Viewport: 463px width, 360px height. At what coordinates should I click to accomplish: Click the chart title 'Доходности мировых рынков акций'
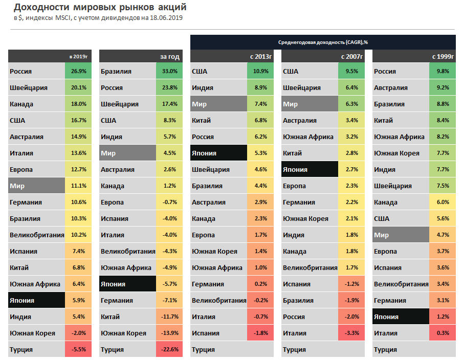pos(100,7)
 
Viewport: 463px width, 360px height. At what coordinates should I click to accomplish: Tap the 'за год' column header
pos(170,56)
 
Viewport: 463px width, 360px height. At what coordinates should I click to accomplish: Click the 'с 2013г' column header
pos(260,56)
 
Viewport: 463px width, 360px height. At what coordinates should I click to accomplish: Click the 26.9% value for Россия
pos(78,71)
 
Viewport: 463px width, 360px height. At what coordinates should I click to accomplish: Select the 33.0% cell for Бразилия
pos(169,71)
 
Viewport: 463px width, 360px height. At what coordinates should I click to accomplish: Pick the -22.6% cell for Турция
pos(169,349)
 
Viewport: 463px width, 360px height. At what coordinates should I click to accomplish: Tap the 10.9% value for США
pos(260,71)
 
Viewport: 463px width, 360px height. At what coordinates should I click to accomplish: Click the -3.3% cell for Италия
pos(351,333)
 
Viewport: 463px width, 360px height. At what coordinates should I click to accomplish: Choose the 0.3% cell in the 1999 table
pos(443,333)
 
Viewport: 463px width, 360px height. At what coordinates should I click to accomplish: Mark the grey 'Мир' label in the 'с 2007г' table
pos(291,104)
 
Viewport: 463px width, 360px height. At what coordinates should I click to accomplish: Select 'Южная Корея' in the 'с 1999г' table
pos(396,153)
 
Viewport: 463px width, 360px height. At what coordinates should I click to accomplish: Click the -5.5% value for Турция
pos(78,349)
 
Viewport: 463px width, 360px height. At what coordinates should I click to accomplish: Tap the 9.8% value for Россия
pos(443,71)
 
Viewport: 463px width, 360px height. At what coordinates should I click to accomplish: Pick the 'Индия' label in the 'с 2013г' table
pos(203,87)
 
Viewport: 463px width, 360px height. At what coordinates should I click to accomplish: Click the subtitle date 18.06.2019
pos(166,17)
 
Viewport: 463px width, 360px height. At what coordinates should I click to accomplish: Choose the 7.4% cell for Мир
pos(260,104)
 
